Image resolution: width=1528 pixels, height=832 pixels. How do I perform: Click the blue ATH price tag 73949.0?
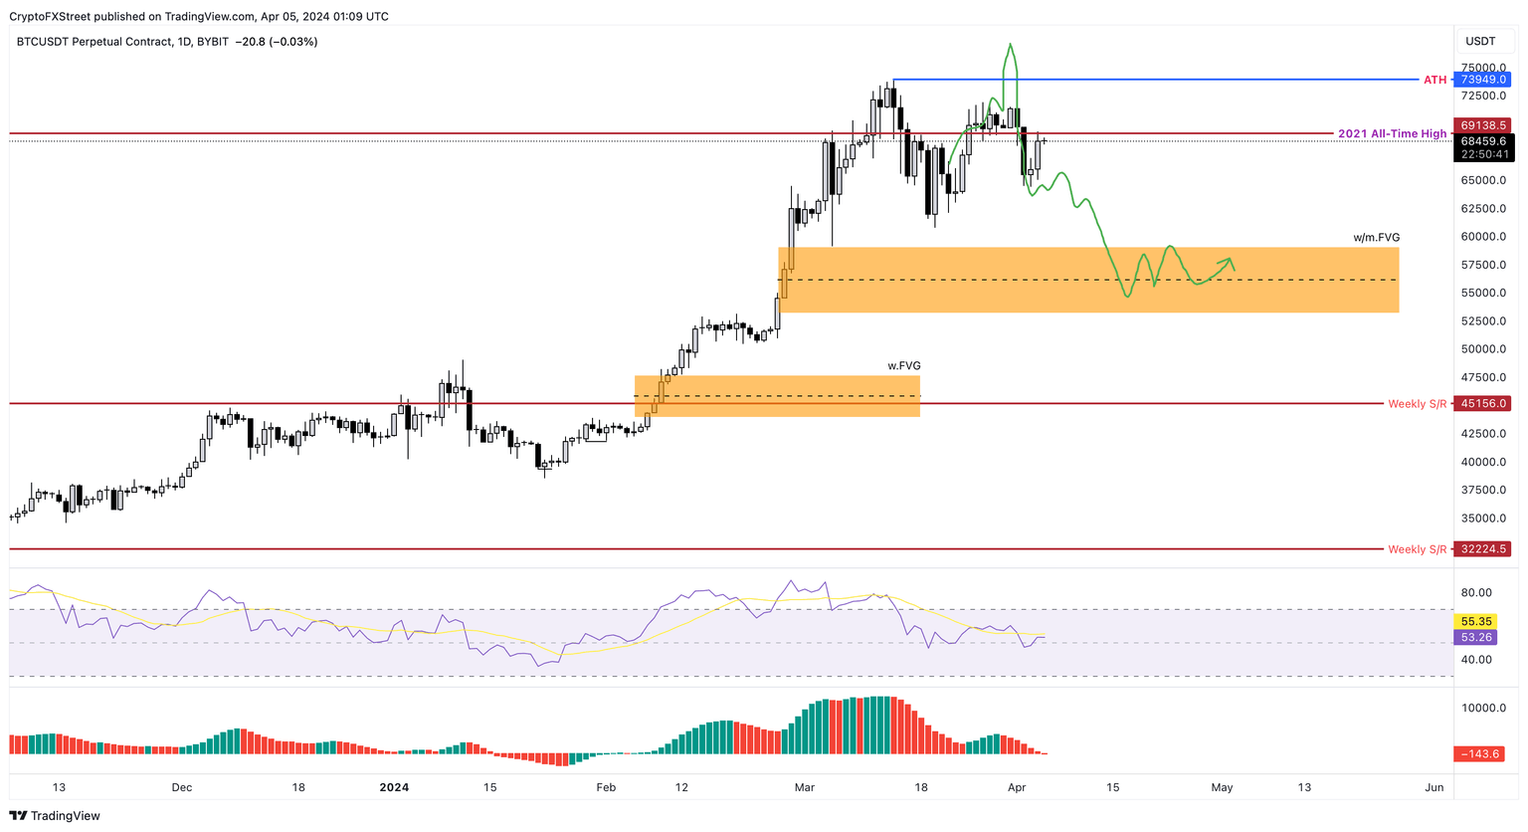[x=1483, y=80]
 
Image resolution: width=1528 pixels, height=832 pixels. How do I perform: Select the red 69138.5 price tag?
[x=1483, y=125]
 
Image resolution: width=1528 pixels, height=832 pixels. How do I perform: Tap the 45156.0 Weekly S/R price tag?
[x=1483, y=403]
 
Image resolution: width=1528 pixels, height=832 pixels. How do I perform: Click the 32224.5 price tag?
[x=1483, y=548]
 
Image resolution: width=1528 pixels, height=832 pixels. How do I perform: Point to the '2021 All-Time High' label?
[x=1392, y=133]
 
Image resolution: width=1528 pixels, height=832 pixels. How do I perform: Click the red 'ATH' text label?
[x=1434, y=80]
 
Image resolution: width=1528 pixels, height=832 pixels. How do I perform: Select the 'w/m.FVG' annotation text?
[x=1376, y=238]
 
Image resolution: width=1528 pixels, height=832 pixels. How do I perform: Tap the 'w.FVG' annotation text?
[x=903, y=366]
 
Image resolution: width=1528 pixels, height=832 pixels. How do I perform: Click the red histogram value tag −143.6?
[x=1481, y=753]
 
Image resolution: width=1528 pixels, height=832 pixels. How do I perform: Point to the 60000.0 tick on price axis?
[x=1482, y=237]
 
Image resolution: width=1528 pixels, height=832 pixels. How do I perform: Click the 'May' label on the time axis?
[x=1222, y=787]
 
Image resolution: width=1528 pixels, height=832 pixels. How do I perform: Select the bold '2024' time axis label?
[x=394, y=787]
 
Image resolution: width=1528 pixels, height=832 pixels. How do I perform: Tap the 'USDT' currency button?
[x=1480, y=41]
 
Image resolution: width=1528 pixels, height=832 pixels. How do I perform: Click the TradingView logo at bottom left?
[x=56, y=815]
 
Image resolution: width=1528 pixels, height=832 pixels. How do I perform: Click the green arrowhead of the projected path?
[x=1231, y=263]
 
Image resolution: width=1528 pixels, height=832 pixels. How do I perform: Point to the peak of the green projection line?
[x=1010, y=45]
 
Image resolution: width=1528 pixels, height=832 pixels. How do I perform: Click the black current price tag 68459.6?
[x=1483, y=141]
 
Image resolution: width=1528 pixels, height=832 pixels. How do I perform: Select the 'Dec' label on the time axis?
[x=181, y=787]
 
